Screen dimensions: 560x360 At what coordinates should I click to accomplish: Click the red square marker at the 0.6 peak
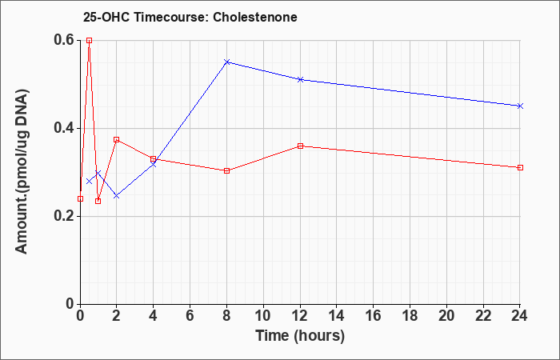90,40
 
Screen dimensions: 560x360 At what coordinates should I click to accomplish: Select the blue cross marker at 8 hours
226,62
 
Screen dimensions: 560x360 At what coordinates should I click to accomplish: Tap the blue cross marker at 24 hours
520,106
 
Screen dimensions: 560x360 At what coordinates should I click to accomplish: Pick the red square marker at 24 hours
520,167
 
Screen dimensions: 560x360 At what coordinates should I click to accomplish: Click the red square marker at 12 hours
300,146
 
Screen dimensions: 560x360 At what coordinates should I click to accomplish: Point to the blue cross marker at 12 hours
300,79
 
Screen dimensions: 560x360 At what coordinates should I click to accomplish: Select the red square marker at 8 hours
226,170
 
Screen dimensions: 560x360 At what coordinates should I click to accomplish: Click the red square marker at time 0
80,198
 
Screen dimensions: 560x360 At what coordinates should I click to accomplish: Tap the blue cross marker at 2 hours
117,196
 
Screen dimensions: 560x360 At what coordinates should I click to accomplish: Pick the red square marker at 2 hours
117,139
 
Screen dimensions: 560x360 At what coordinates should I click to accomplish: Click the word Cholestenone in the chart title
255,17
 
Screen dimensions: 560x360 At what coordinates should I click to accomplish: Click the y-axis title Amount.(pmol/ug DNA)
22,171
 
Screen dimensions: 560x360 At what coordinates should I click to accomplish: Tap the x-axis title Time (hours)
300,336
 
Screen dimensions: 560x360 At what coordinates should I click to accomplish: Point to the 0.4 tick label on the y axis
64,128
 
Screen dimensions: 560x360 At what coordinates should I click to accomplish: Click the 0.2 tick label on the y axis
64,216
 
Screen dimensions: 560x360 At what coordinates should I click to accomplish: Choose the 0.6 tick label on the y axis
64,40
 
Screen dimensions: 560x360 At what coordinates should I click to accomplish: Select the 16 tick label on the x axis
374,316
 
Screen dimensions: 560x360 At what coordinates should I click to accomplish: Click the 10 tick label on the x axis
263,316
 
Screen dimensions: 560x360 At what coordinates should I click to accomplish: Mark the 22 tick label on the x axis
483,316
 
